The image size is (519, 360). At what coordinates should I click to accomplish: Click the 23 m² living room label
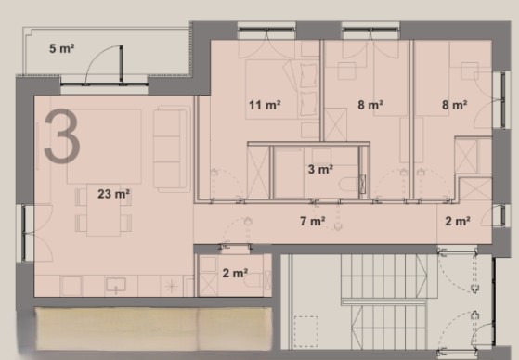tap(113, 194)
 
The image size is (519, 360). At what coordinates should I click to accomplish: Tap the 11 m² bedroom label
tap(265, 105)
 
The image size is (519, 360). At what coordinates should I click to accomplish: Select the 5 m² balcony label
tap(62, 48)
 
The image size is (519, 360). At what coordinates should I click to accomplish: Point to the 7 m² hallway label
tap(313, 221)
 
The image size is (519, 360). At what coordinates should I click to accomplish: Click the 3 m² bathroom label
tap(320, 170)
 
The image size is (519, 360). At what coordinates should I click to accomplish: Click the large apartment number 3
tap(62, 136)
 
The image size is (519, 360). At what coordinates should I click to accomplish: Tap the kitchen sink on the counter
tap(116, 286)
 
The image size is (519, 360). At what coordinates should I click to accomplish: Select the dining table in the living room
tap(104, 210)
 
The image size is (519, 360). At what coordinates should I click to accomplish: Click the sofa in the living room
tap(172, 148)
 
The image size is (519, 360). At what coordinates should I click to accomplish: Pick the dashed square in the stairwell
tap(305, 331)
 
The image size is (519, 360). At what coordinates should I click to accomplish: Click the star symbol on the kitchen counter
tap(172, 286)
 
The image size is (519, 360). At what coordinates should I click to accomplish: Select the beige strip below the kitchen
tap(154, 328)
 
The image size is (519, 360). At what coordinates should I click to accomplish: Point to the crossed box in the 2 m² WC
tap(208, 285)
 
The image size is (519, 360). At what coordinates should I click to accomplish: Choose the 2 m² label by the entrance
tap(458, 221)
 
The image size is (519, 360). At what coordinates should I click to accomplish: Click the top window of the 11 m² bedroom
tap(266, 30)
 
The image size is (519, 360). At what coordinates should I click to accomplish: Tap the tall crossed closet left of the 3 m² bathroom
tap(258, 173)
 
